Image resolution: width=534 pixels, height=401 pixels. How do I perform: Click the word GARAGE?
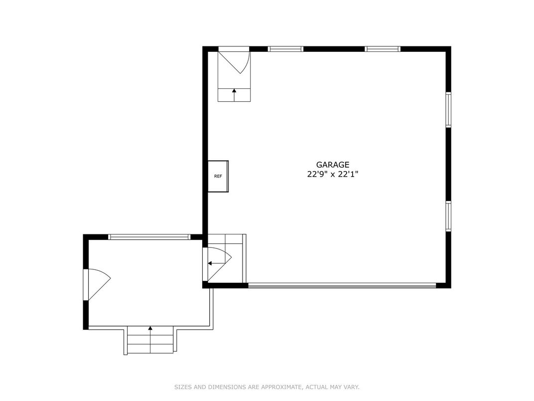click(x=333, y=165)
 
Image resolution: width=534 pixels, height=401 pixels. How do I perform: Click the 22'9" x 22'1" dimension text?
click(x=333, y=175)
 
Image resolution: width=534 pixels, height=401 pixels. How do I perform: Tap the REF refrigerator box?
click(x=218, y=176)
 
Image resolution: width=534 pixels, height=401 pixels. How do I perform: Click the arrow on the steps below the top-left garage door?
click(x=234, y=95)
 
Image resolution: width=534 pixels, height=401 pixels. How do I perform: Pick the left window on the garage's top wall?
click(x=285, y=49)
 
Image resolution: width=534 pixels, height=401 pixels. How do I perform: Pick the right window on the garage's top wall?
click(x=383, y=49)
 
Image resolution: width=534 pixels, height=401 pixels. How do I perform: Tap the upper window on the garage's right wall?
click(x=448, y=109)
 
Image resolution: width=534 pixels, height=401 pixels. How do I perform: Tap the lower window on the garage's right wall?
click(x=448, y=216)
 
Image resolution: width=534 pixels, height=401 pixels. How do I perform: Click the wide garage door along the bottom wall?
click(x=342, y=286)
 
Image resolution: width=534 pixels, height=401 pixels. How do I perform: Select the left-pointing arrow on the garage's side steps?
click(x=216, y=263)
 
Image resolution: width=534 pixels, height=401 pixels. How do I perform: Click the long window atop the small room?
click(x=149, y=236)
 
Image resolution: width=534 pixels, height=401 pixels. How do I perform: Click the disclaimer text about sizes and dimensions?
click(x=267, y=387)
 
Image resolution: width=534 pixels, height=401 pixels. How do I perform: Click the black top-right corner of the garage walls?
click(x=448, y=49)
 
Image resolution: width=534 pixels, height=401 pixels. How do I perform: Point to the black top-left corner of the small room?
click(x=86, y=237)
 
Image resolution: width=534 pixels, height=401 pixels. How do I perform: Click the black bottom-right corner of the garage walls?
click(x=448, y=285)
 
